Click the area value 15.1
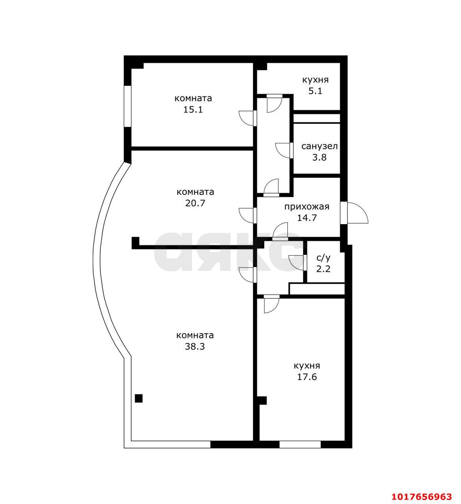point(193,110)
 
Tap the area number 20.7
point(195,203)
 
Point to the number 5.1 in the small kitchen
point(315,91)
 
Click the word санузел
point(319,146)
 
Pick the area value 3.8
point(319,157)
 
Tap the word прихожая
point(307,207)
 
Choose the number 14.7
point(307,218)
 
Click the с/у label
point(323,258)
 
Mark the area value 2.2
point(323,269)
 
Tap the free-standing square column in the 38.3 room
point(139,398)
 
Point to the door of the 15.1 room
point(248,118)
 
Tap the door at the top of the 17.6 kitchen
point(272,304)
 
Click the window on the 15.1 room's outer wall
point(128,107)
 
